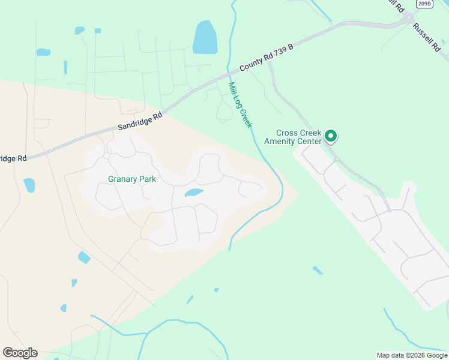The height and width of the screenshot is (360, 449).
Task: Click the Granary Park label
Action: pyautogui.click(x=132, y=179)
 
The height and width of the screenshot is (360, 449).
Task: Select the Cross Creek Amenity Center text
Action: pyautogui.click(x=299, y=137)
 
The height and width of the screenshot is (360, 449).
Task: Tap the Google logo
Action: pyautogui.click(x=20, y=353)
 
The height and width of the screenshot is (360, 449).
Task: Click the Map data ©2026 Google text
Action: pyautogui.click(x=412, y=355)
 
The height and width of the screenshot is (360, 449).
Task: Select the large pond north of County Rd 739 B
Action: pyautogui.click(x=205, y=37)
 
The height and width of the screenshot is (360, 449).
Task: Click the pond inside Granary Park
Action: pyautogui.click(x=193, y=193)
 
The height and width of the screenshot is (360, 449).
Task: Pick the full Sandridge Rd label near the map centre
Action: pyautogui.click(x=140, y=121)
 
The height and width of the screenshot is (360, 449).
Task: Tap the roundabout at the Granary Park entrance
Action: pyautogui.click(x=106, y=155)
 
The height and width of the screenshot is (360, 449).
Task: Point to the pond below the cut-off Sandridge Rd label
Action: pyautogui.click(x=29, y=185)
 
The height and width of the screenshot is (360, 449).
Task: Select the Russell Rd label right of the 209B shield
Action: pyautogui.click(x=427, y=37)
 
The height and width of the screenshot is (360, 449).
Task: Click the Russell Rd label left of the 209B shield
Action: pyautogui.click(x=394, y=5)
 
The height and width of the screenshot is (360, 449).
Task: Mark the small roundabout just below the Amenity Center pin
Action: pyautogui.click(x=337, y=159)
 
